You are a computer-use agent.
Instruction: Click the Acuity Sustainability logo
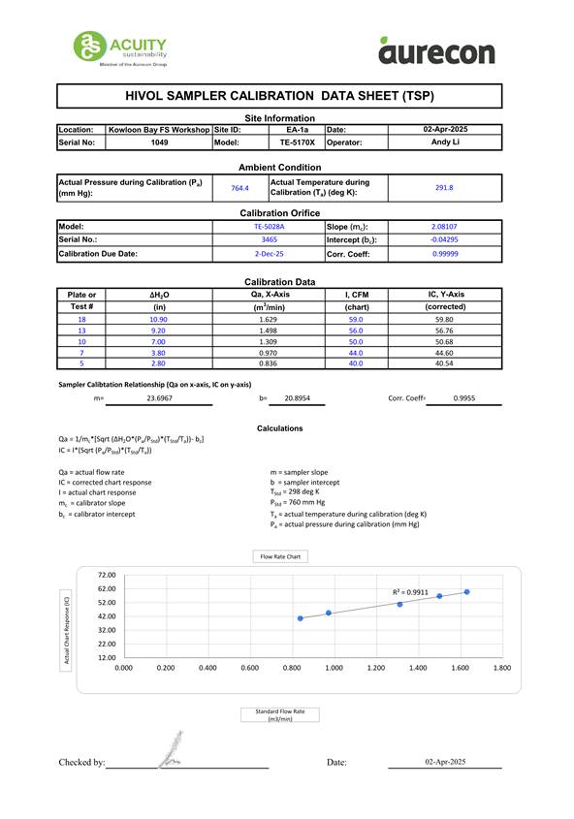pyautogui.click(x=121, y=48)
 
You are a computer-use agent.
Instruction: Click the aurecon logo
pyautogui.click(x=436, y=50)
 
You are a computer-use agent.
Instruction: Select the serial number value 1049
pyautogui.click(x=159, y=142)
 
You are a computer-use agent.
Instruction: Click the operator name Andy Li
pyautogui.click(x=445, y=142)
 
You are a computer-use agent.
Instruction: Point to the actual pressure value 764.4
pyautogui.click(x=239, y=188)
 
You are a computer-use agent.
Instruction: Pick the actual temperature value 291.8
pyautogui.click(x=445, y=188)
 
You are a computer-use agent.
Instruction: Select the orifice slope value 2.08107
pyautogui.click(x=445, y=226)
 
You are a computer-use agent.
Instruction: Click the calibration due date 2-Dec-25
pyautogui.click(x=269, y=253)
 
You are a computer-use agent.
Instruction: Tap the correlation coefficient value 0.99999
pyautogui.click(x=445, y=253)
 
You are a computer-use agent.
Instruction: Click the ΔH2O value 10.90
pyautogui.click(x=159, y=319)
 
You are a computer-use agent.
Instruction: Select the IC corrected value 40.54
pyautogui.click(x=445, y=363)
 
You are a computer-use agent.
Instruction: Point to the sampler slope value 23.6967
pyautogui.click(x=160, y=398)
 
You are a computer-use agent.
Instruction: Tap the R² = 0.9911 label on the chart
pyautogui.click(x=410, y=591)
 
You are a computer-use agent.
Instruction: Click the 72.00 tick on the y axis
pyautogui.click(x=107, y=575)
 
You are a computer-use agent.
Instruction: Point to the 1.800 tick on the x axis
pyautogui.click(x=501, y=668)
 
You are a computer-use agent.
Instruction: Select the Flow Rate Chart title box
pyautogui.click(x=279, y=556)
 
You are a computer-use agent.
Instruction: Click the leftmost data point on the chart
pyautogui.click(x=301, y=617)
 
